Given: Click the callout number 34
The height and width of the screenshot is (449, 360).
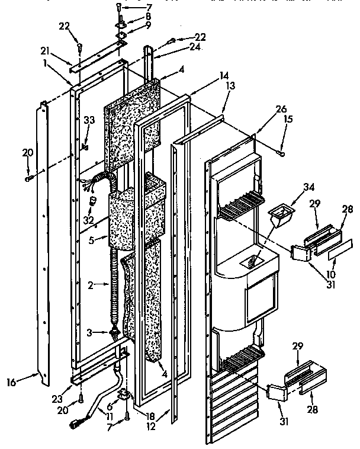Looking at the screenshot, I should pos(292,187).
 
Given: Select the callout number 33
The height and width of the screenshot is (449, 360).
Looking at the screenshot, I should pos(89,120).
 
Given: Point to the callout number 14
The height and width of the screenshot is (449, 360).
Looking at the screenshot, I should pos(207,76).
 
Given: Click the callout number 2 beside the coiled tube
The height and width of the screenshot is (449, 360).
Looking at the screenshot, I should pos(91,286).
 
